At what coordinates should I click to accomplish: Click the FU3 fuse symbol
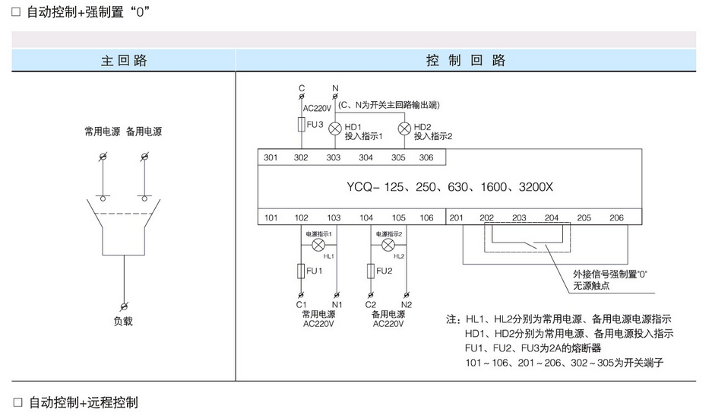[x=301, y=124]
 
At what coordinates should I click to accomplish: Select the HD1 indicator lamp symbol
[x=334, y=128]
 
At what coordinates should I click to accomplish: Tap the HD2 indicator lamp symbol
[x=403, y=128]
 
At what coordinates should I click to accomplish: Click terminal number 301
[x=271, y=157]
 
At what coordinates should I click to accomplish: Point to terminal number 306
[x=426, y=157]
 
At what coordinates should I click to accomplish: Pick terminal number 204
[x=552, y=217]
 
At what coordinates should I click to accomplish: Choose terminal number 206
[x=616, y=217]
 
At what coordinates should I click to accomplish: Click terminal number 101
[x=271, y=217]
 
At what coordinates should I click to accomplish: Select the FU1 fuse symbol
[x=301, y=270]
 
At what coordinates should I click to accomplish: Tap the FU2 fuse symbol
[x=370, y=270]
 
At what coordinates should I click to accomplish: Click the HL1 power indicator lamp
[x=318, y=246]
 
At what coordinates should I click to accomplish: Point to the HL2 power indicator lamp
[x=388, y=246]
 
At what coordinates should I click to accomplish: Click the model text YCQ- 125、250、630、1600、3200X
[x=450, y=187]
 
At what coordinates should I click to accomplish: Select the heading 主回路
[x=124, y=61]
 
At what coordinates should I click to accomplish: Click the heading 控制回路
[x=466, y=61]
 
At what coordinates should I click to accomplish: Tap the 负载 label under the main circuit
[x=123, y=321]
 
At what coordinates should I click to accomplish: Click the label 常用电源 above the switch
[x=100, y=132]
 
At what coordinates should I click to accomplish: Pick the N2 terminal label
[x=406, y=304]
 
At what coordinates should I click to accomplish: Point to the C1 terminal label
[x=301, y=304]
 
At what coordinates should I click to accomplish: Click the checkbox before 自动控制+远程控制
[x=18, y=402]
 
